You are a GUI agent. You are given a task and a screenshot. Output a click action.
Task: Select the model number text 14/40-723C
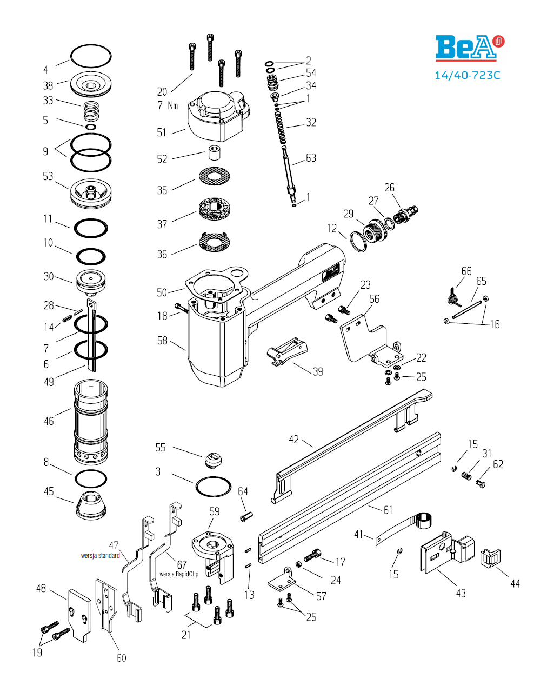click(x=468, y=75)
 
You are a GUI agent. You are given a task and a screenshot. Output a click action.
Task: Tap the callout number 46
click(x=49, y=421)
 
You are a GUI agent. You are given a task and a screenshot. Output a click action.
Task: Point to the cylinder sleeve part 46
click(x=90, y=422)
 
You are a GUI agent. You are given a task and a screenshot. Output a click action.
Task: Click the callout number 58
click(x=162, y=341)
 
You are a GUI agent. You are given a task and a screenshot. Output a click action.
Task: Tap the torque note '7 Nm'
click(x=168, y=105)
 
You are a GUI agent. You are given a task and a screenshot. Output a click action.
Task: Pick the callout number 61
click(x=388, y=510)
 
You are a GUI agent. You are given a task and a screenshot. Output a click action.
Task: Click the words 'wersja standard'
click(x=101, y=555)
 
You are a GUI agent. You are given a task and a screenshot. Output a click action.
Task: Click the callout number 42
click(x=293, y=440)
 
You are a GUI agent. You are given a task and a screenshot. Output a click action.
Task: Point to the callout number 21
click(x=186, y=635)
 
